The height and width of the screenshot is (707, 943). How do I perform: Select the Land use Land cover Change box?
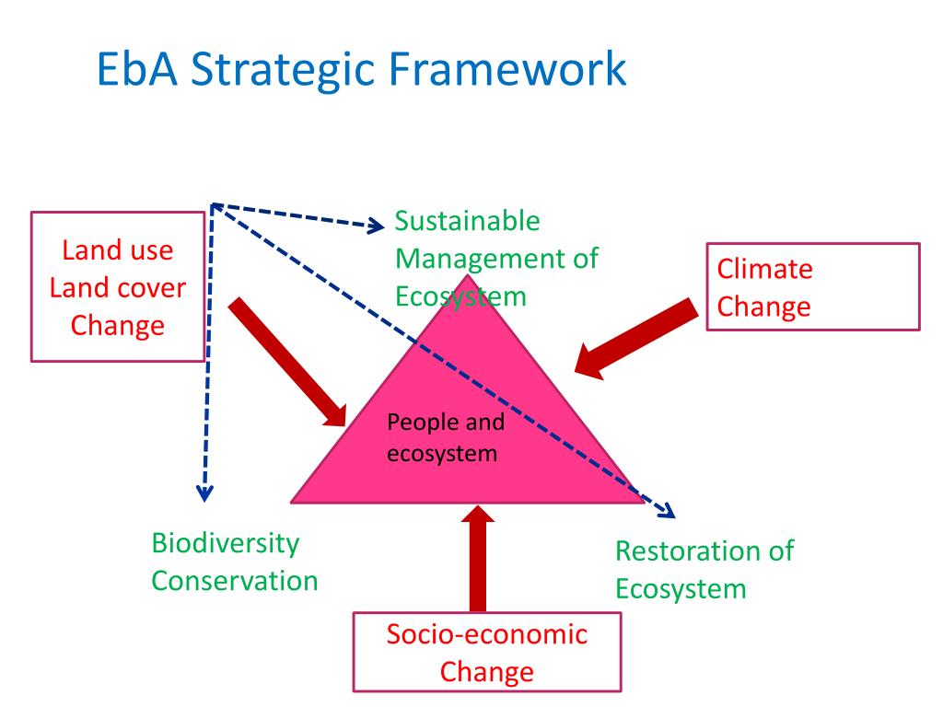click(x=118, y=286)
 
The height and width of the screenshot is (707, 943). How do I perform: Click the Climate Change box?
click(x=812, y=286)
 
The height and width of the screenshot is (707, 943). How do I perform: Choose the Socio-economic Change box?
click(x=487, y=653)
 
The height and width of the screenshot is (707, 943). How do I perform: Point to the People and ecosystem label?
click(x=446, y=438)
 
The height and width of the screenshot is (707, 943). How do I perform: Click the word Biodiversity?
click(x=226, y=543)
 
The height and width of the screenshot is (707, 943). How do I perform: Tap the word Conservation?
click(x=235, y=581)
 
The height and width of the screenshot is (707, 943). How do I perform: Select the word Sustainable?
click(x=468, y=221)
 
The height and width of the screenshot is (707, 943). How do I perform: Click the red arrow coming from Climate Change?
click(x=635, y=336)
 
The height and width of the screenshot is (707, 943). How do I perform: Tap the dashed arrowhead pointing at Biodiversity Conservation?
click(x=204, y=493)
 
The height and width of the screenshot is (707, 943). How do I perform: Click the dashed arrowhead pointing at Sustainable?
click(x=377, y=225)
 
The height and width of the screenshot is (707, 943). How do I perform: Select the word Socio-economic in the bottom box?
click(x=487, y=634)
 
